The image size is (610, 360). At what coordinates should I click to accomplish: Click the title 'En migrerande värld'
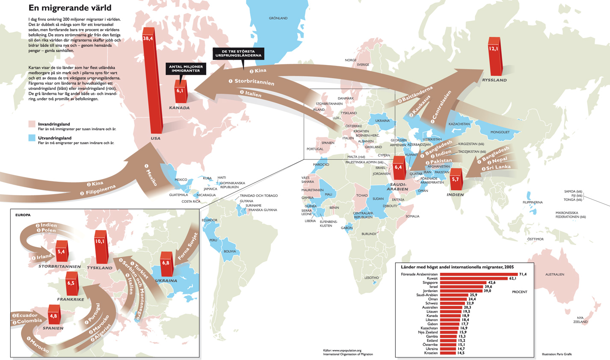coord(70,8)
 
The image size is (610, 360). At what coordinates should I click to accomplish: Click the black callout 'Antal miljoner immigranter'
coord(186,69)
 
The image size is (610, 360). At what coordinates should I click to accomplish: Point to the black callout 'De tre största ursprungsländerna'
coord(239,53)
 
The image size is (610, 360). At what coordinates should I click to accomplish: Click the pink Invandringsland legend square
coord(32,124)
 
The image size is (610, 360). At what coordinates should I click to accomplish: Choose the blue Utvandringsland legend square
coord(32,138)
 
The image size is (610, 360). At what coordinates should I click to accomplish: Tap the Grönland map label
coord(278,18)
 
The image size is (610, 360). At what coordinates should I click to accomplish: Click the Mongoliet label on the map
coord(500,132)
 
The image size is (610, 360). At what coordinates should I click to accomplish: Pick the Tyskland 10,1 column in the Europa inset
coord(101,248)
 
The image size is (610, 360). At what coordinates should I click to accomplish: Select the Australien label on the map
coord(554,274)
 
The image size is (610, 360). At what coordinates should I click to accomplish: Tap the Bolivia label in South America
coord(230,251)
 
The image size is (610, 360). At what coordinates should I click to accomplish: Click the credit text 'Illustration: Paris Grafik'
coord(557,354)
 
